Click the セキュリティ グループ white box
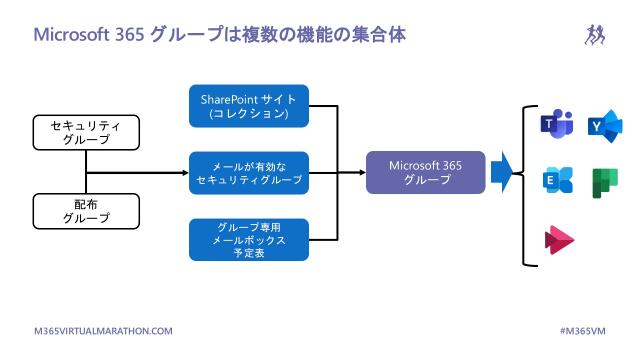[x=85, y=132]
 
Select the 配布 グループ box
[x=85, y=211]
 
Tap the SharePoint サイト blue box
[x=249, y=104]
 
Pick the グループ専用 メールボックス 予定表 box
[x=249, y=240]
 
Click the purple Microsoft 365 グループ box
[x=426, y=171]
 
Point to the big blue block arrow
[x=501, y=172]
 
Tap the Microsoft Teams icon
[x=556, y=124]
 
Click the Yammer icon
[x=605, y=124]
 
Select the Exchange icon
[x=556, y=181]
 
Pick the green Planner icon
[x=605, y=181]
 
